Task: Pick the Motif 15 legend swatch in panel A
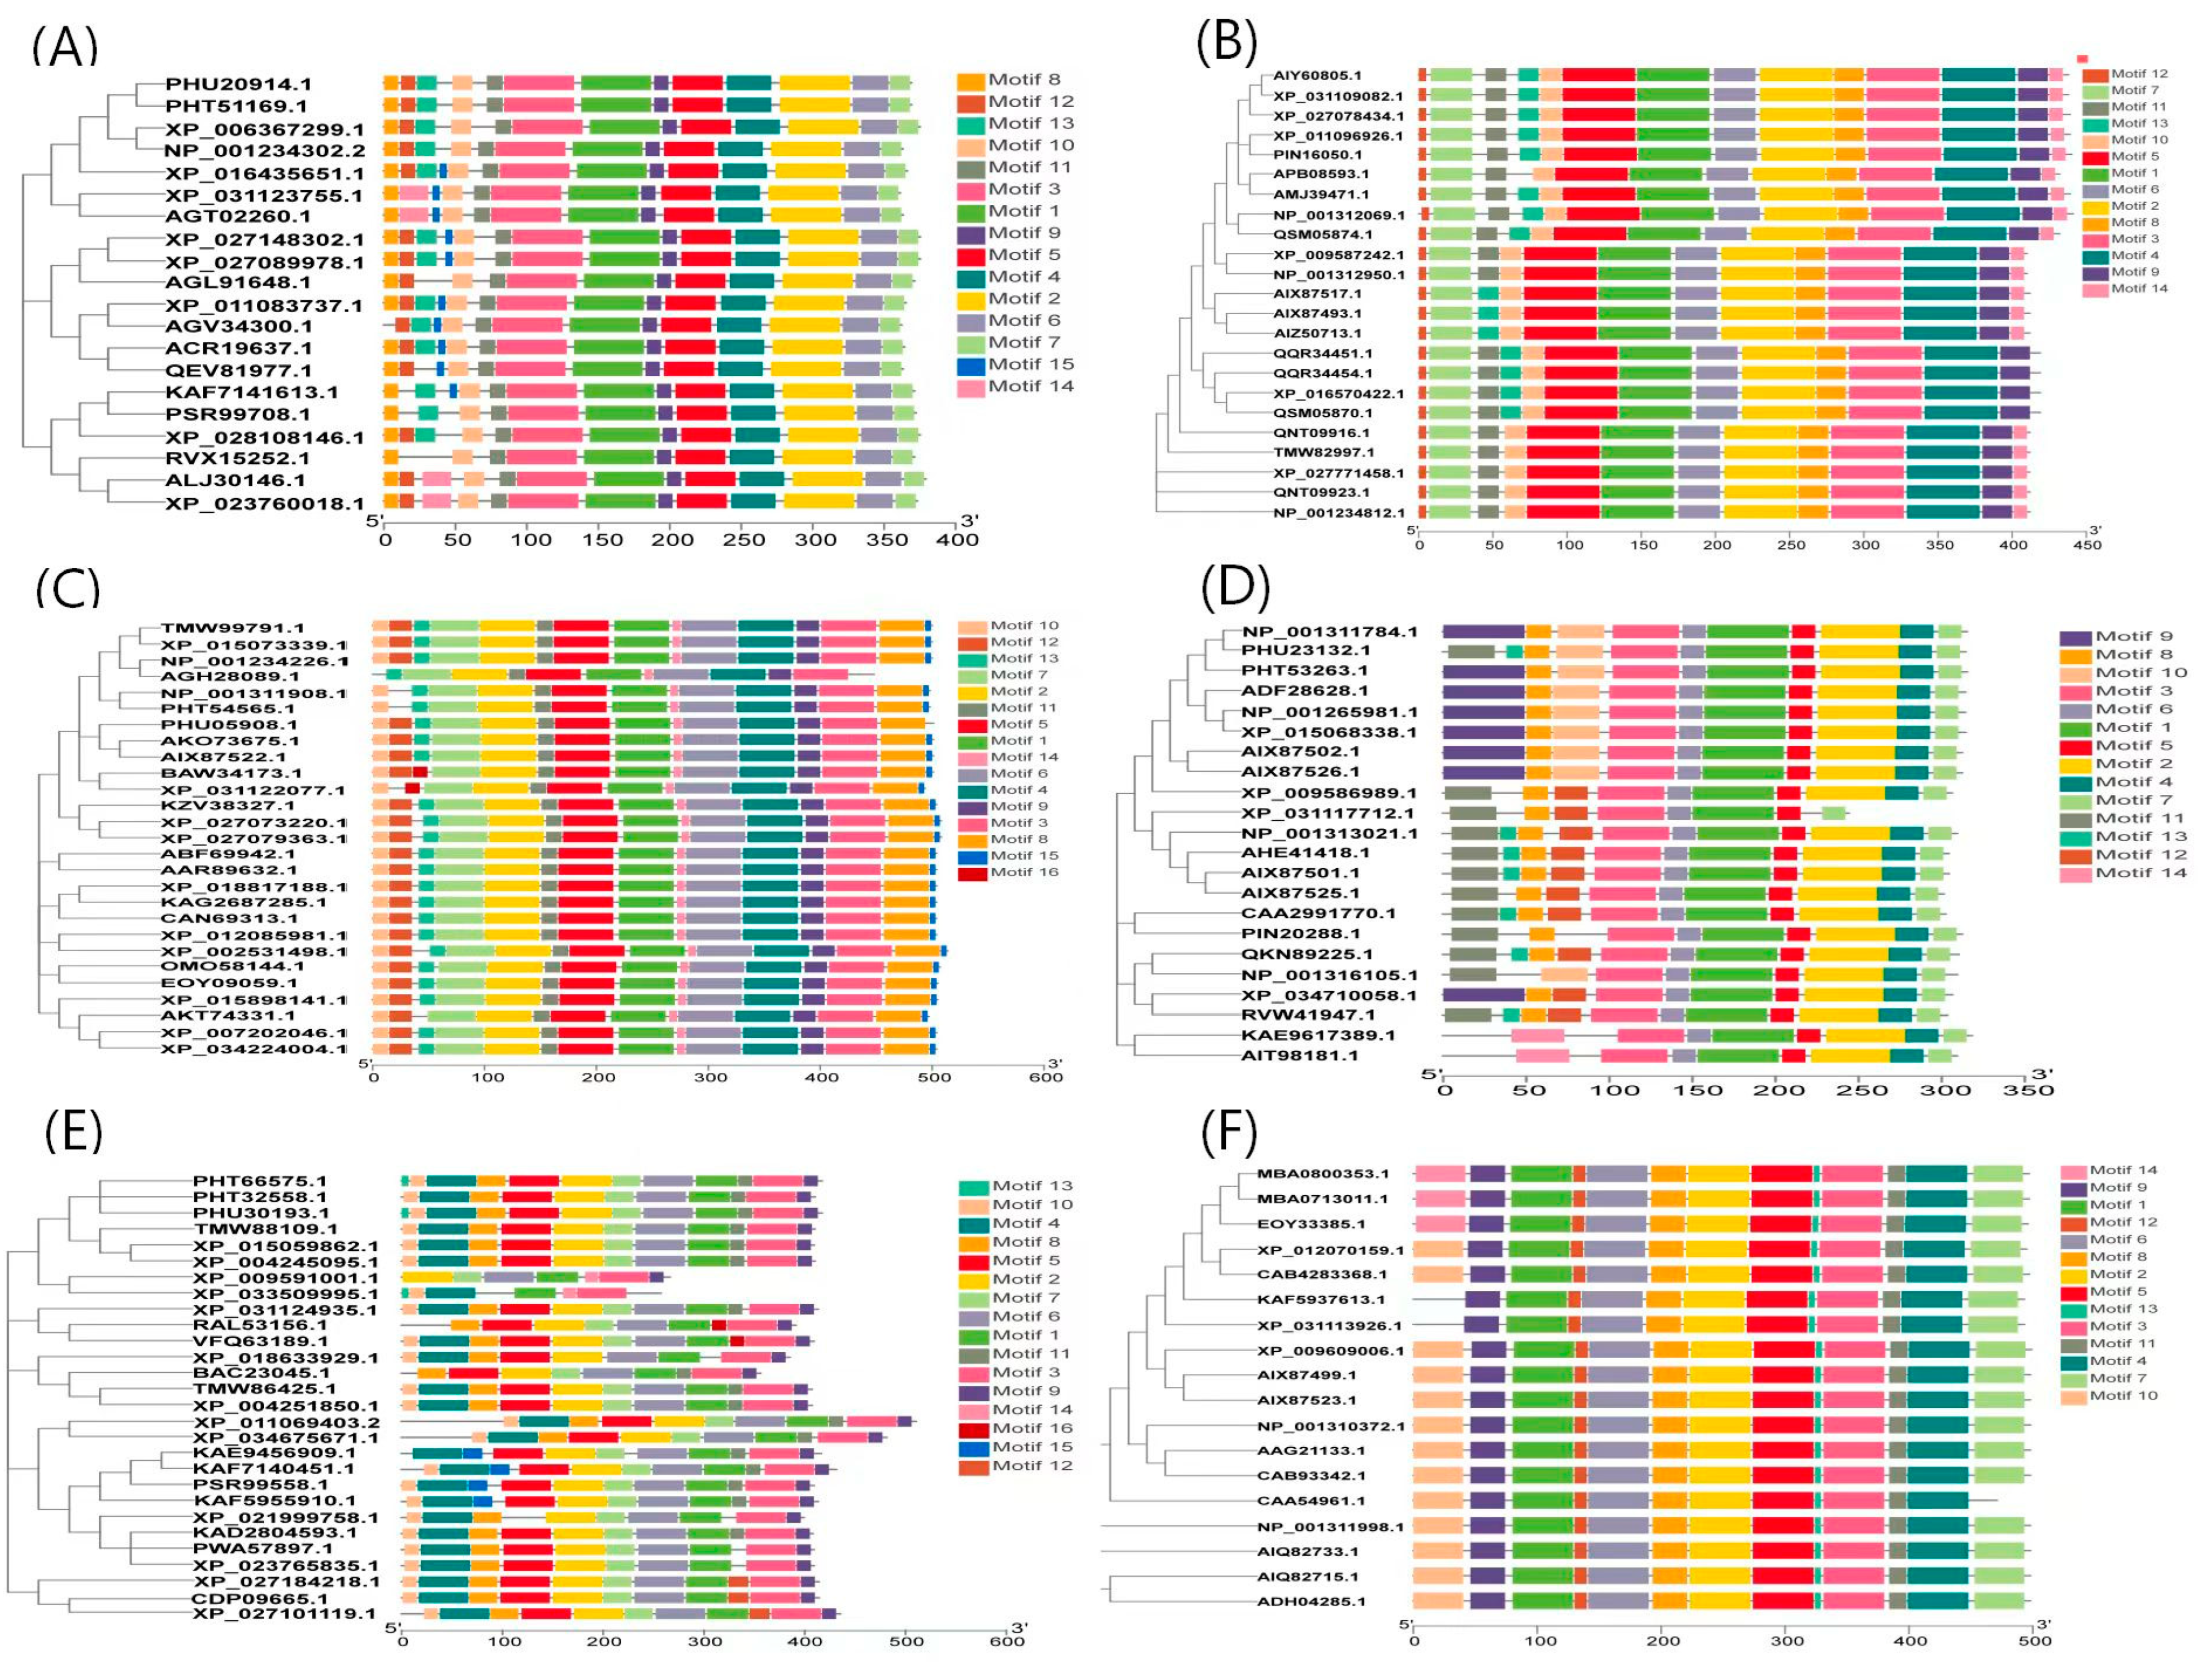pos(971,365)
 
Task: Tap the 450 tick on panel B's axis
pos(2086,545)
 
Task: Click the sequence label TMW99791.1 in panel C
pos(233,628)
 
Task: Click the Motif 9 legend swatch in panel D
pos(2074,637)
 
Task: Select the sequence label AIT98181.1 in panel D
pos(1300,1055)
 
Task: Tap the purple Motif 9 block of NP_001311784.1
pos(1483,632)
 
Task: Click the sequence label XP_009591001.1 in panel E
pos(285,1278)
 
